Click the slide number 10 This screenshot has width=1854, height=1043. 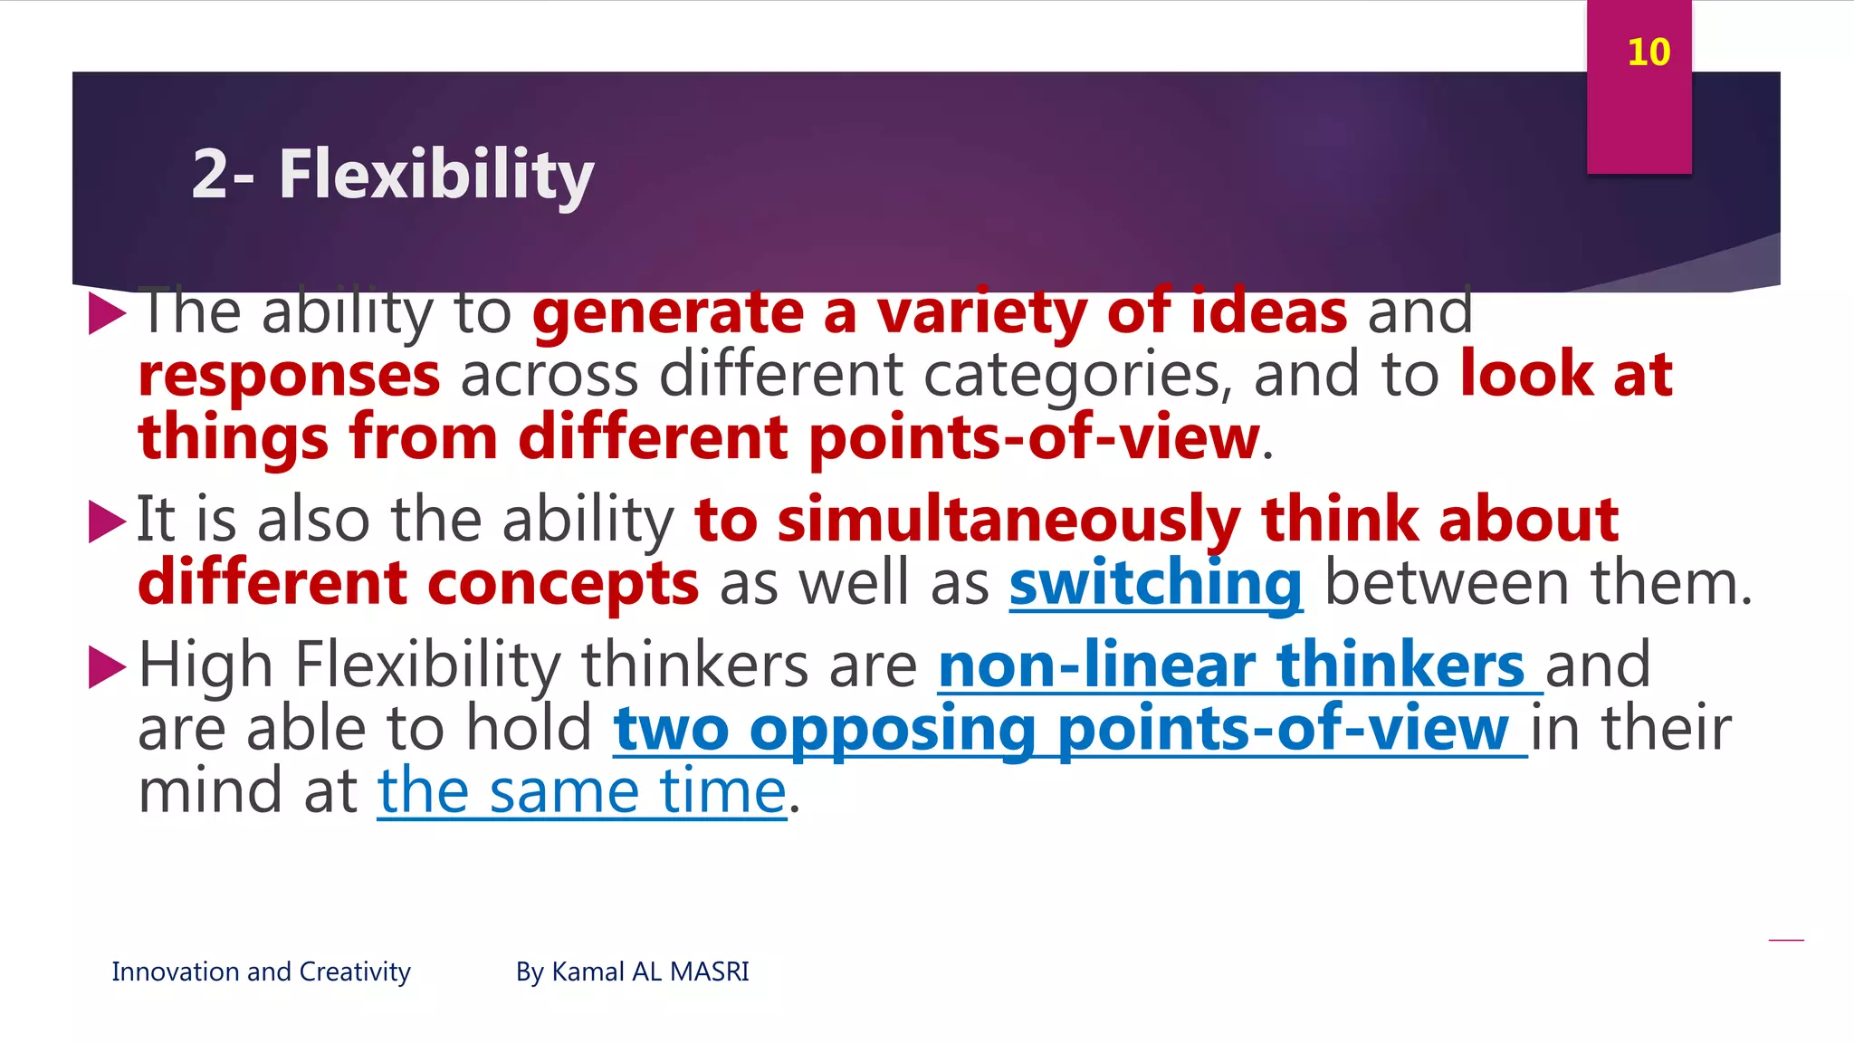pyautogui.click(x=1648, y=53)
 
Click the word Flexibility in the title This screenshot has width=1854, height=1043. pyautogui.click(x=435, y=174)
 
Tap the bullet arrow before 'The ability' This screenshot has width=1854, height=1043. pyautogui.click(x=107, y=314)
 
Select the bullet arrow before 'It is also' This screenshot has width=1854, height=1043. pyautogui.click(x=107, y=522)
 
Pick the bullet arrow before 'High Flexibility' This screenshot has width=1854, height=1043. pyautogui.click(x=107, y=668)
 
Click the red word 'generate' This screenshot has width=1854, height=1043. pyautogui.click(x=667, y=312)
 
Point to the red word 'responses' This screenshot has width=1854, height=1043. pyautogui.click(x=289, y=376)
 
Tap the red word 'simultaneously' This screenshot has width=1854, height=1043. pyautogui.click(x=1008, y=521)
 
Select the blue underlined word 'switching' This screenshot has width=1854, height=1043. pyautogui.click(x=1156, y=584)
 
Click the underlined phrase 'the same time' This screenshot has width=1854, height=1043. pyautogui.click(x=581, y=792)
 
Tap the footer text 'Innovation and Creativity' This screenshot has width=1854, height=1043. pyautogui.click(x=261, y=971)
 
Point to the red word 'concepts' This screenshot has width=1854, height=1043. pyautogui.click(x=562, y=584)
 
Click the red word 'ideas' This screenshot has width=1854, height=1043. pyautogui.click(x=1268, y=312)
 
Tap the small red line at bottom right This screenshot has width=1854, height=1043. pyautogui.click(x=1785, y=941)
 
